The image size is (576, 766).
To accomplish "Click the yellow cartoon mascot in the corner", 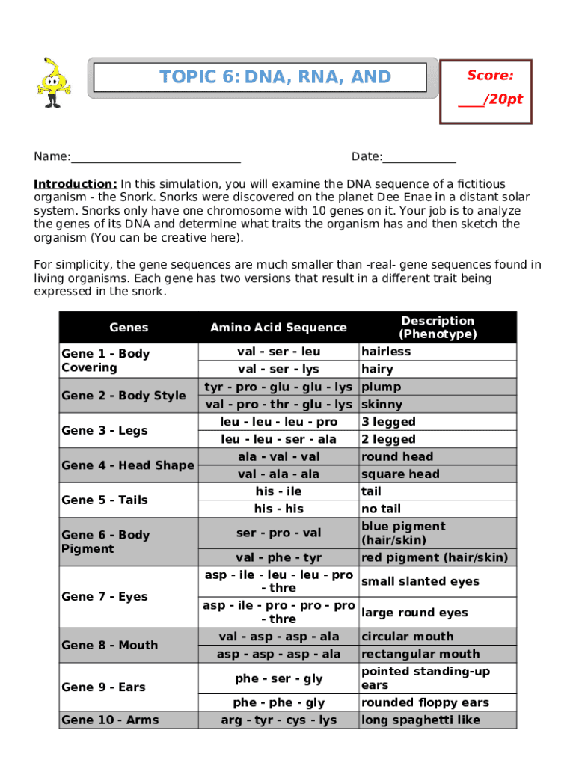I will coord(54,82).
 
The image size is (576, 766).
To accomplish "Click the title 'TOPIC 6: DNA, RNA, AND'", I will coord(275,77).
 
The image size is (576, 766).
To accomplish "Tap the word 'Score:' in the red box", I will coord(490,76).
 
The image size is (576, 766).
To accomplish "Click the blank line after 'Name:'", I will coord(156,157).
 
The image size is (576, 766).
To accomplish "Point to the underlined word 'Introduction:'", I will coord(76,184).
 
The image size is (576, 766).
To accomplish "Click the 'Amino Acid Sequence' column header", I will coord(278,327).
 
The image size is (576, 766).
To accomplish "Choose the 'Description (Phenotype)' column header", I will coord(438,327).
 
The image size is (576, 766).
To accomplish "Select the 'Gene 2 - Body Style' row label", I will coord(123,396).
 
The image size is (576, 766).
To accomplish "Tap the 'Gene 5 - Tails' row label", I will coord(105,500).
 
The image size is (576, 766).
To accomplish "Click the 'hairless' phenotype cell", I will coord(386,352).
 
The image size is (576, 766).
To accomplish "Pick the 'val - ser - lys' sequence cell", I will coord(278,369).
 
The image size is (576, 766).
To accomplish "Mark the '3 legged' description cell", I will coord(388,422).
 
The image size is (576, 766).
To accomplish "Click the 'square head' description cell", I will coord(400,474).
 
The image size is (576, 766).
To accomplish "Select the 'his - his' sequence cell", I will coord(278,509).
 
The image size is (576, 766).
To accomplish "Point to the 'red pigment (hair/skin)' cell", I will coord(434,557).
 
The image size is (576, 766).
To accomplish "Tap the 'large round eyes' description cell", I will coord(414,613).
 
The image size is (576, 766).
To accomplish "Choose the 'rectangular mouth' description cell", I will coord(420,654).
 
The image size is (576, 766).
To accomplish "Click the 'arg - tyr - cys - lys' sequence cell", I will coord(278,720).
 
